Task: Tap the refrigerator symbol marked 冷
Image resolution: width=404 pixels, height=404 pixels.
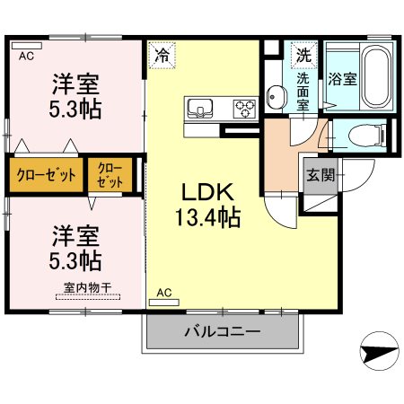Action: point(162,54)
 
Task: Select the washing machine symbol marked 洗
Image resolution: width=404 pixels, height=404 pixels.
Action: point(304,53)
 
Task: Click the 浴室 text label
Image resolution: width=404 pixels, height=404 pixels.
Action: point(343,78)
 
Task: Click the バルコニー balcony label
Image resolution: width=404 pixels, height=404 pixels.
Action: point(222,332)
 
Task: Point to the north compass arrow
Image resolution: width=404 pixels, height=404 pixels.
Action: point(379,348)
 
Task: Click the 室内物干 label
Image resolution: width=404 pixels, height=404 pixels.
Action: point(87,287)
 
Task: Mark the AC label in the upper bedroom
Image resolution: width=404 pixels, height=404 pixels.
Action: point(26,55)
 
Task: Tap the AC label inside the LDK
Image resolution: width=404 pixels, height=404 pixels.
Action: point(164,293)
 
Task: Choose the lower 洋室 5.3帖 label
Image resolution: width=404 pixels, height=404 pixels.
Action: point(75,249)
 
